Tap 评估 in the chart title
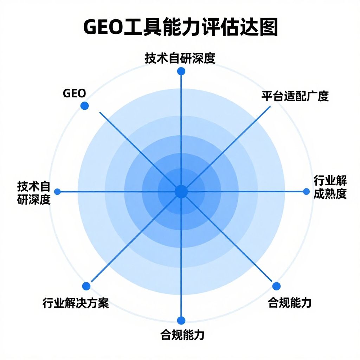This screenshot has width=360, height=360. point(220,27)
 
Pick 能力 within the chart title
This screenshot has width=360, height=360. point(181,27)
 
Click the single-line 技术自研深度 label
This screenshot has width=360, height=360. point(180,58)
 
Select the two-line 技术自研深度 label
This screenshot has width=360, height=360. point(34,193)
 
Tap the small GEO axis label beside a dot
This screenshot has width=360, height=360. point(75,93)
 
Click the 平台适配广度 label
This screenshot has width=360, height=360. point(295,96)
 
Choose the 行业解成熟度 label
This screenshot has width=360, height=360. point(330,187)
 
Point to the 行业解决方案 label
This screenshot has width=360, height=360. point(76,303)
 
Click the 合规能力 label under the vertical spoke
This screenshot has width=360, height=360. point(182,335)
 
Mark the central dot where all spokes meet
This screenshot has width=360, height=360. point(181,192)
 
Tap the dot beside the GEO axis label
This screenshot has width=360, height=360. point(84,106)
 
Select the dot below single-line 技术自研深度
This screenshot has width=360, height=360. point(181,71)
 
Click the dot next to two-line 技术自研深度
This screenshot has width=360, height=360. point(57,192)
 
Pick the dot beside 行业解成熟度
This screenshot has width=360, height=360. point(306,192)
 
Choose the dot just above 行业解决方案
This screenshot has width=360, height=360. point(86,286)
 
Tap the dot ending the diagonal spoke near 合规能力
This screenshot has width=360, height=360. point(276,286)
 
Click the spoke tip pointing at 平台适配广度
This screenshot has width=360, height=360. point(270,106)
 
